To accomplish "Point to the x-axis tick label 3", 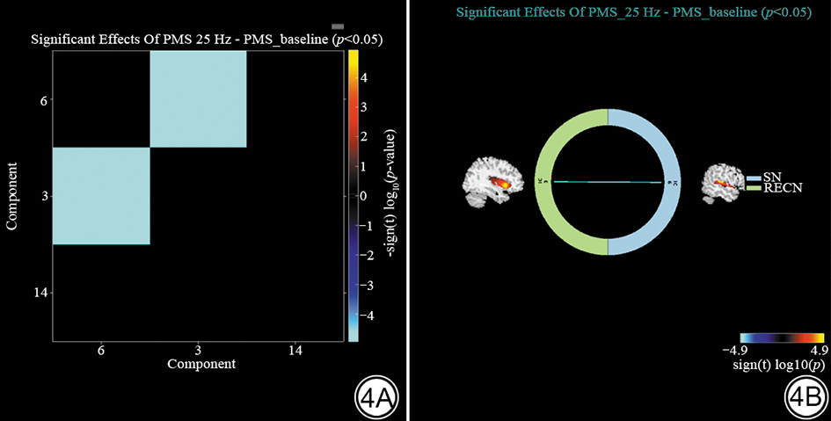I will (x=198, y=349).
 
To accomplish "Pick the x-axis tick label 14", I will (x=294, y=349).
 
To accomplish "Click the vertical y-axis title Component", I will (x=13, y=195).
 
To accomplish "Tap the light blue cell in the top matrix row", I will (x=198, y=98).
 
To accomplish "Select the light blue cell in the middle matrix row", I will (x=101, y=195).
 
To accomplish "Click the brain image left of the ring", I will (x=491, y=183).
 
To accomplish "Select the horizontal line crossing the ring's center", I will (x=608, y=182).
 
